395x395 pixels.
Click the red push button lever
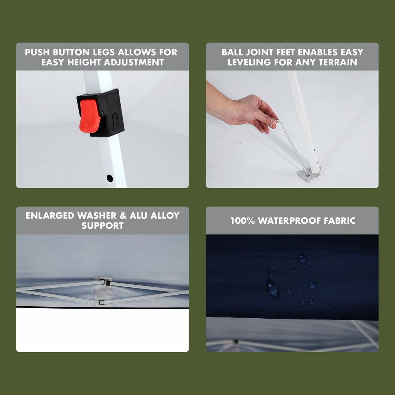click(89, 116)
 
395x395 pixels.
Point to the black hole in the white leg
click(110, 178)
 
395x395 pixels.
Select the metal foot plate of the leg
click(309, 174)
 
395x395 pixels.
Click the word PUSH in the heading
click(37, 52)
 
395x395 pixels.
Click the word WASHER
click(97, 216)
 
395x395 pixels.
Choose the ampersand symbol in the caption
click(123, 216)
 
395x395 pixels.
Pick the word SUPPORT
click(103, 226)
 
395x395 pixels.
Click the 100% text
click(243, 221)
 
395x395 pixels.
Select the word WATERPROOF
click(289, 221)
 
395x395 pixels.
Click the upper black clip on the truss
click(108, 283)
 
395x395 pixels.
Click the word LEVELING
click(249, 62)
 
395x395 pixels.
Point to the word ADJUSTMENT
click(134, 62)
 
